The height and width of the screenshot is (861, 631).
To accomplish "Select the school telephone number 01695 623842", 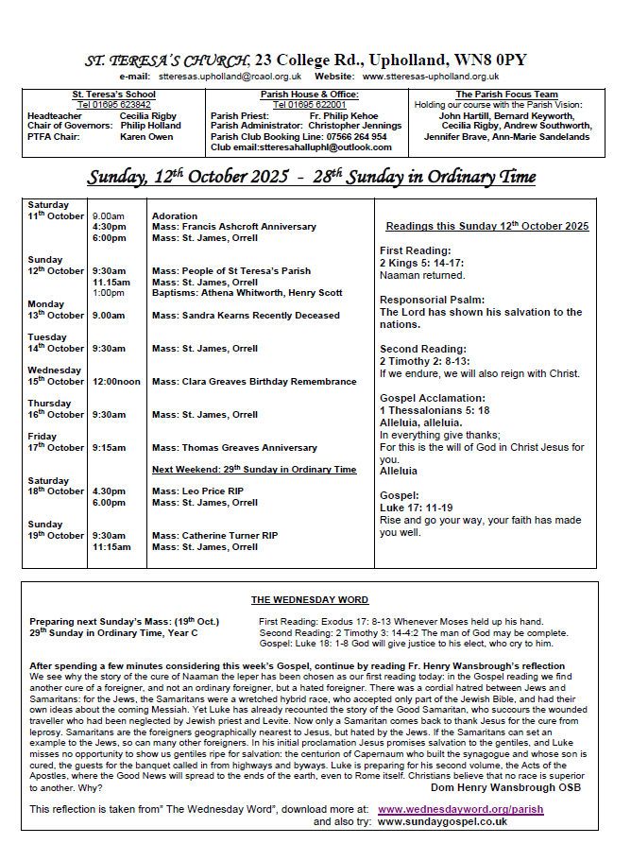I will pos(113,105).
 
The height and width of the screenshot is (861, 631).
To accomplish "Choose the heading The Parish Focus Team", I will pos(506,95).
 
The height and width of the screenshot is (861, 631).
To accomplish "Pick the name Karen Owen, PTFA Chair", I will pos(146,137).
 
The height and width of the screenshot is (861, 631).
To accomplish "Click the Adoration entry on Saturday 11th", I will pos(175,216).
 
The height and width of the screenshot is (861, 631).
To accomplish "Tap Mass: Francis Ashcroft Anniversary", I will pos(234,227).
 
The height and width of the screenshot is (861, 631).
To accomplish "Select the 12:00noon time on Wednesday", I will pos(116,382).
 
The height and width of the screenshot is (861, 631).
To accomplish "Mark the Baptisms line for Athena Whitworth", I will pos(247,293).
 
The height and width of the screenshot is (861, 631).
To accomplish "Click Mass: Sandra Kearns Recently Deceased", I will pos(246,316).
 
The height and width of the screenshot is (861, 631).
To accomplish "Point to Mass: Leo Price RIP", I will pos(196,491).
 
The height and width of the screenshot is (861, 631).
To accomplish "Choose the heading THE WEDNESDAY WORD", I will pos(310,600).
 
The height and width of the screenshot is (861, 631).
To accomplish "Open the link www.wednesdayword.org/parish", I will pos(460,809).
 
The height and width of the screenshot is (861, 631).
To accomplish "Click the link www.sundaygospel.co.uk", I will pos(442,821).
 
